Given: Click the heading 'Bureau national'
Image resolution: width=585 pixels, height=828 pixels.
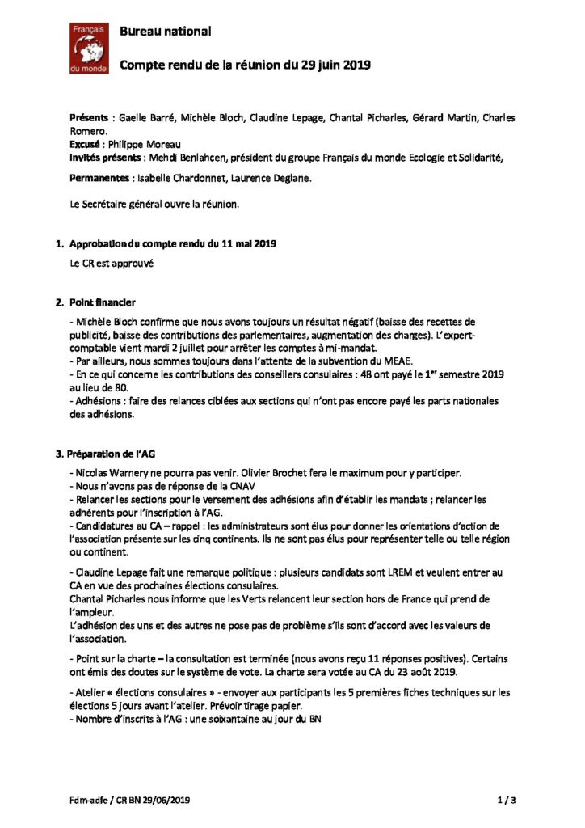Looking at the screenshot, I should [x=166, y=32].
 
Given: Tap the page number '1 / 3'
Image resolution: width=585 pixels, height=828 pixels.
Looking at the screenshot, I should [x=506, y=801].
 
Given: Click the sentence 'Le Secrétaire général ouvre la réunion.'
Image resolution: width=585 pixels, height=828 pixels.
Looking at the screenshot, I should [x=155, y=205].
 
